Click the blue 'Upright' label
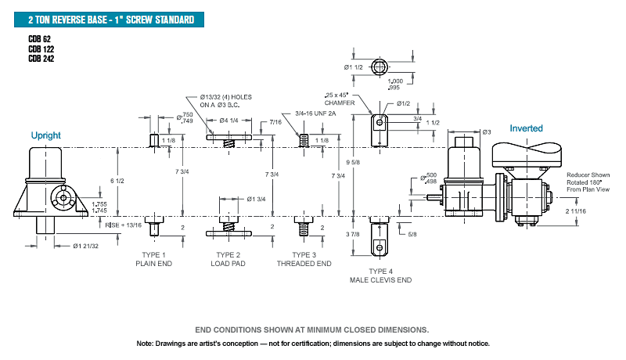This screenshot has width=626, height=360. (46, 135)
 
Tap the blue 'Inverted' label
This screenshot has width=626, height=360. (526, 128)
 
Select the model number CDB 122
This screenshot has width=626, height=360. (41, 49)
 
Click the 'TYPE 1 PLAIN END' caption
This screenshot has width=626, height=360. (153, 259)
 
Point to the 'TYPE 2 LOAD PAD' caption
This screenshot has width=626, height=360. (228, 259)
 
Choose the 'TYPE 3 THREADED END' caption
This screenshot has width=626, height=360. (304, 259)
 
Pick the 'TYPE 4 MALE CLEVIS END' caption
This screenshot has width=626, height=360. (380, 275)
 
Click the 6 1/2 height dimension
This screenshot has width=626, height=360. (117, 181)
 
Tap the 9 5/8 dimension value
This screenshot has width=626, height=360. (353, 163)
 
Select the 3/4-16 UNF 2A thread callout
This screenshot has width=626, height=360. (315, 113)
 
